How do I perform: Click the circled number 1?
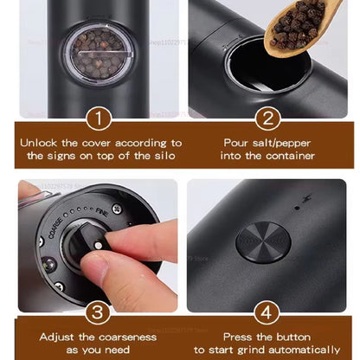tap(98, 118)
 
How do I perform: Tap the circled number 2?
tap(267, 118)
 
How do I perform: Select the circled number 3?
tap(98, 311)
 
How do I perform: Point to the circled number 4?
tap(267, 311)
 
